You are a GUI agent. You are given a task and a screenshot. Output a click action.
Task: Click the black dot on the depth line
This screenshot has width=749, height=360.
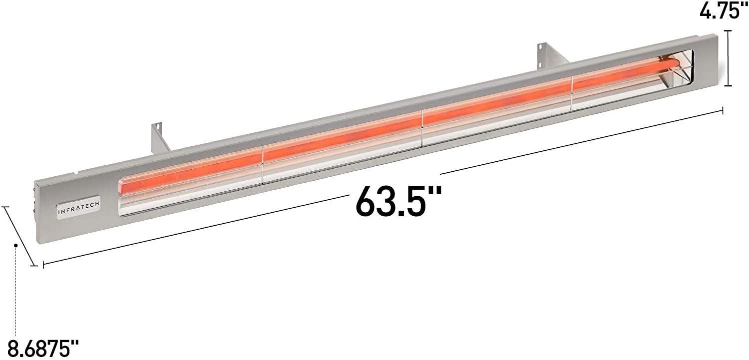[16, 246]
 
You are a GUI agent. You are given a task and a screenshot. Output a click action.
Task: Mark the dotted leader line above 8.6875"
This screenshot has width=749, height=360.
[16, 290]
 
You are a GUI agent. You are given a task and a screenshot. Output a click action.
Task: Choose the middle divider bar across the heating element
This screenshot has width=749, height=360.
[422, 128]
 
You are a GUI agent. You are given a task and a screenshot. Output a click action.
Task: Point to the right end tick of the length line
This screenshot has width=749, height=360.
[723, 110]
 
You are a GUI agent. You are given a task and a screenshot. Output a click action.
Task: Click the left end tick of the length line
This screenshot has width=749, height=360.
[43, 265]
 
